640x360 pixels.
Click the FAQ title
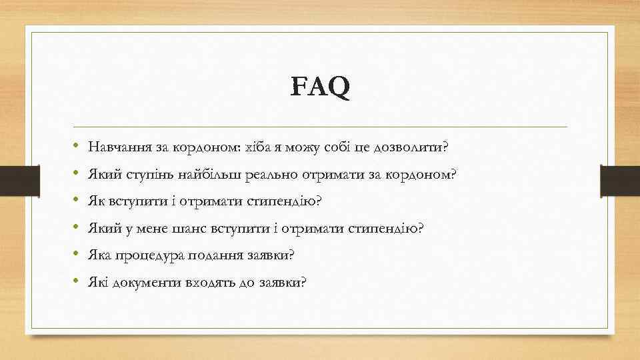pyautogui.click(x=320, y=87)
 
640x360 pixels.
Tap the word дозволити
pyautogui.click(x=413, y=146)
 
